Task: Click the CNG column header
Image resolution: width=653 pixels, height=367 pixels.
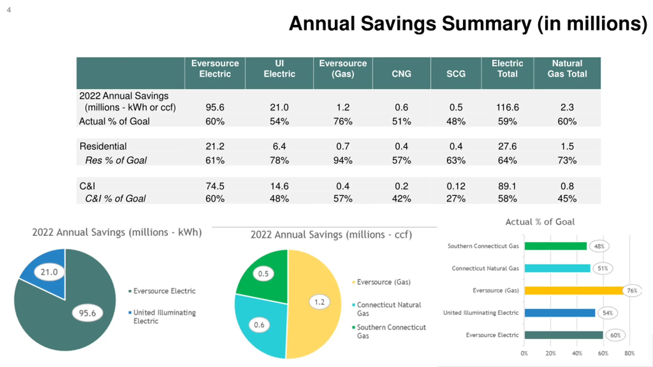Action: (401, 74)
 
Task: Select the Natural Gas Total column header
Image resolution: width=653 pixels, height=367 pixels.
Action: (567, 68)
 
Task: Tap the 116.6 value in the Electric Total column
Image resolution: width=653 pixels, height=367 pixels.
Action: (507, 107)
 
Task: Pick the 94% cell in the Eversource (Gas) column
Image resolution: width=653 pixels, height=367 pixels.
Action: (343, 160)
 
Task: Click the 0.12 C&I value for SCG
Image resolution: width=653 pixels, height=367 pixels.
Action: (456, 186)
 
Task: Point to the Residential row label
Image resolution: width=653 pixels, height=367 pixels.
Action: (103, 146)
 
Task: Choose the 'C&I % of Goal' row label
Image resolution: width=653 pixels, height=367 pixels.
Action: (115, 198)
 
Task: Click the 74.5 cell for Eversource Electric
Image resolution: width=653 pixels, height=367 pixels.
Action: (215, 186)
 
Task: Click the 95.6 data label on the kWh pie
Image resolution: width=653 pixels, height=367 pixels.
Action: (87, 313)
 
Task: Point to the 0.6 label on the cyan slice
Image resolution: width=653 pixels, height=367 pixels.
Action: (259, 325)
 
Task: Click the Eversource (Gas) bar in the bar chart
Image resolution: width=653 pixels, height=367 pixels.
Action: (574, 291)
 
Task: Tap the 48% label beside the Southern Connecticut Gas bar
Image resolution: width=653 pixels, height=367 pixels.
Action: (599, 246)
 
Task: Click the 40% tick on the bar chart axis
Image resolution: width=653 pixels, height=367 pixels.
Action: (577, 353)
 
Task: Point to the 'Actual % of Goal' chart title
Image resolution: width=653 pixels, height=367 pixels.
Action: (540, 222)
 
